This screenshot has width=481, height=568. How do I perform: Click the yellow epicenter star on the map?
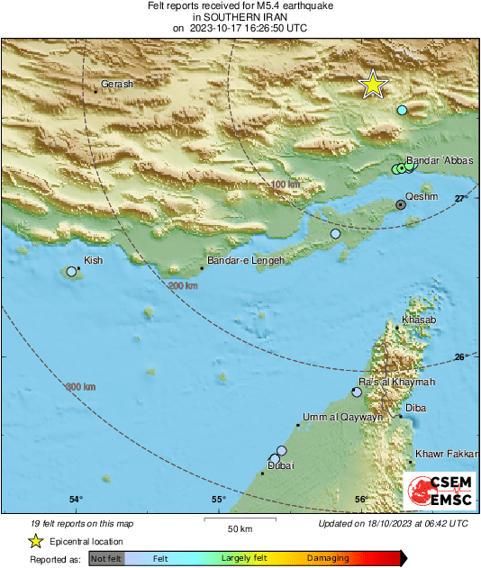point(372,85)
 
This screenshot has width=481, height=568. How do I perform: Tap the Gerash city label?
point(117,84)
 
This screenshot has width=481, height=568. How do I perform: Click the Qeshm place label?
point(422,195)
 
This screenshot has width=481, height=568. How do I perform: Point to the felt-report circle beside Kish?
point(72,271)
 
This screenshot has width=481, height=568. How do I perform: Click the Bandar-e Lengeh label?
point(246,261)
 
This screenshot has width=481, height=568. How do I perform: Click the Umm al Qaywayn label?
point(341,417)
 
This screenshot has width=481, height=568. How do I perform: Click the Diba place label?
point(416,408)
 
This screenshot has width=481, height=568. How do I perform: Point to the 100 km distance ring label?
point(285,185)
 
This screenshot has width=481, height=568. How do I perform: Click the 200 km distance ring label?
point(183,285)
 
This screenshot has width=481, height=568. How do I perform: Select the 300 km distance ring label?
point(79,387)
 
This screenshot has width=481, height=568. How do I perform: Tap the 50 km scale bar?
point(238,521)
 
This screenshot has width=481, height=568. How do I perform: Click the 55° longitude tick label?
point(218,500)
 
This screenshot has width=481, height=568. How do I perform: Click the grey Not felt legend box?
point(106,559)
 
